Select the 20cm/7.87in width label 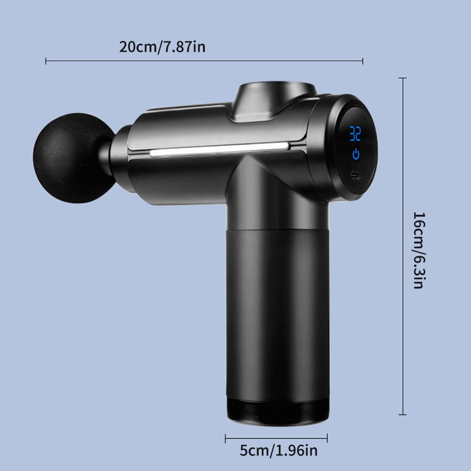[162, 47]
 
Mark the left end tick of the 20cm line [46, 61]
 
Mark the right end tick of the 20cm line [363, 61]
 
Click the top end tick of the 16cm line [402, 78]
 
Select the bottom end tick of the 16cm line [402, 414]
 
